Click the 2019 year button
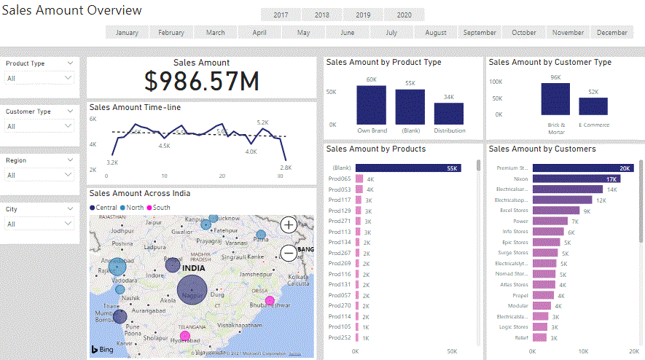tap(363, 15)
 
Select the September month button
tap(480, 33)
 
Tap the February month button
tap(171, 33)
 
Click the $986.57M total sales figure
tap(202, 82)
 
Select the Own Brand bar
tap(371, 105)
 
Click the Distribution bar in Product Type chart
tap(449, 114)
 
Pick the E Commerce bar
tap(593, 106)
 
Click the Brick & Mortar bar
tap(555, 99)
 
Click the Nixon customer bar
tap(576, 179)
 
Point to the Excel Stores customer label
tap(514, 211)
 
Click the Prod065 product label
tap(340, 179)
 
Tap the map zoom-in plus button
tap(289, 225)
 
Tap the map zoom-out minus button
tap(289, 253)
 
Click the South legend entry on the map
tap(160, 208)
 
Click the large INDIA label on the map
tap(193, 268)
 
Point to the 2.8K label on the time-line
tap(286, 168)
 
